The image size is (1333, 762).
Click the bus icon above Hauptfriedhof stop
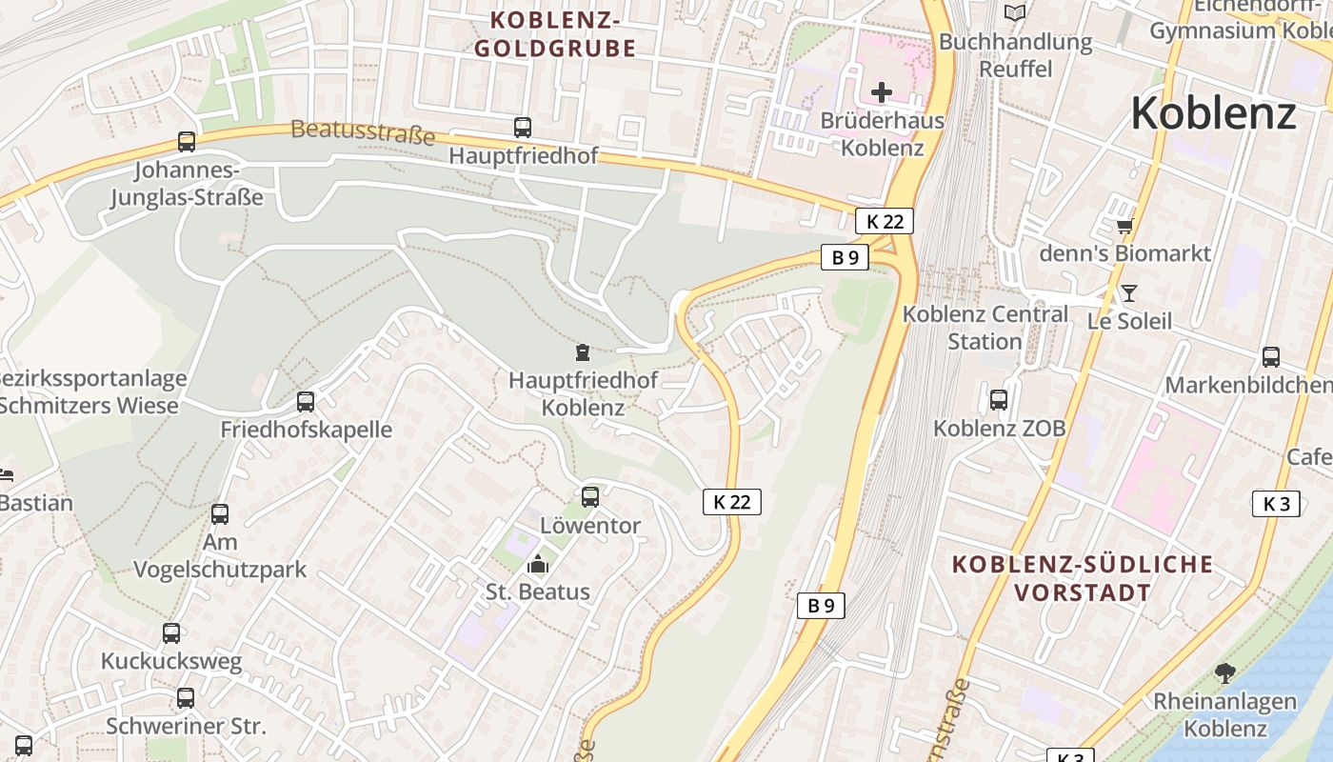[522, 127]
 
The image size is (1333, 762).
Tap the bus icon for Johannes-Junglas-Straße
[187, 142]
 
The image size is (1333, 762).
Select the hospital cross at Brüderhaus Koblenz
[882, 92]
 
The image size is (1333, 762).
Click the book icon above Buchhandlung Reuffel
[1015, 12]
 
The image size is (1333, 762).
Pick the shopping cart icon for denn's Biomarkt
[1125, 226]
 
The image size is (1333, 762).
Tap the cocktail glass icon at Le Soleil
[1129, 292]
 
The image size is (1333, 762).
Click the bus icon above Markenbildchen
[1270, 357]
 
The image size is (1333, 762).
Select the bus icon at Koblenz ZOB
[998, 400]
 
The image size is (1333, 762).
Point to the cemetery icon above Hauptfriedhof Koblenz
[583, 352]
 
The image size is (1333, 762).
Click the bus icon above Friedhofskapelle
[306, 402]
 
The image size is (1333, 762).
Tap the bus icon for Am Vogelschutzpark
[220, 514]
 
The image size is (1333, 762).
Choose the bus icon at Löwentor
[590, 497]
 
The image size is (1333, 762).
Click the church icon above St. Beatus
[538, 564]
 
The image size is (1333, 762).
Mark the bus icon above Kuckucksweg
[171, 633]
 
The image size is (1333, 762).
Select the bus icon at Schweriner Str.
[186, 698]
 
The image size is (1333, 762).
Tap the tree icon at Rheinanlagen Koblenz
[1224, 673]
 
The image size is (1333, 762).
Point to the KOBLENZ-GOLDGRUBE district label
[555, 34]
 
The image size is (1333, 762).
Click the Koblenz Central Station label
[985, 327]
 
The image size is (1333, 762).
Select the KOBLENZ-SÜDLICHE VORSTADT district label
[1083, 578]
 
